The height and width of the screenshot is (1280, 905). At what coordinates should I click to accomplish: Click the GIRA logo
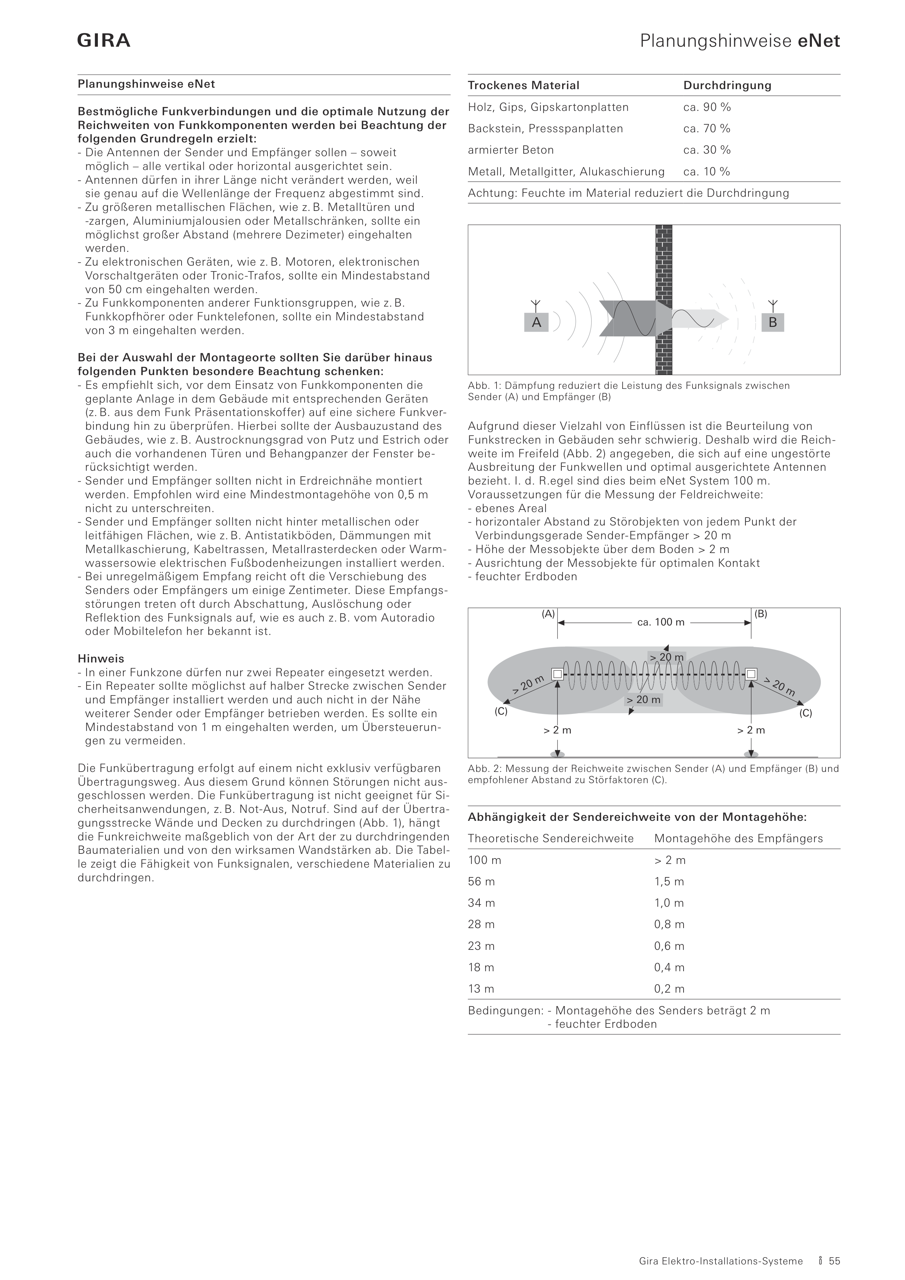coord(104,41)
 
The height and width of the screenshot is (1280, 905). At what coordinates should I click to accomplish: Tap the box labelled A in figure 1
coord(536,322)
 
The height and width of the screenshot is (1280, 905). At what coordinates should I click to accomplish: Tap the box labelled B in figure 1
coord(773,322)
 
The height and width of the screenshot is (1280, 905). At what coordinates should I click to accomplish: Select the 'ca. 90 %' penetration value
coord(706,107)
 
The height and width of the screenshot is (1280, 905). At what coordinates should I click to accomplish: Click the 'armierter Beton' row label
coord(511,150)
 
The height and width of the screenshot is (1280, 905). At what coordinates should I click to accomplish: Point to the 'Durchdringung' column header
coord(727,85)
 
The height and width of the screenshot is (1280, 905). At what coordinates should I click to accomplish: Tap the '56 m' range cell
coord(481,881)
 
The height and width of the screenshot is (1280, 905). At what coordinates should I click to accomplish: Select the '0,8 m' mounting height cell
coord(669,924)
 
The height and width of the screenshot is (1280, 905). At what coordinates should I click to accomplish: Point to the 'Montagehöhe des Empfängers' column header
coord(738,839)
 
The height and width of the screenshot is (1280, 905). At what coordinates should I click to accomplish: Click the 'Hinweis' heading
coord(101,659)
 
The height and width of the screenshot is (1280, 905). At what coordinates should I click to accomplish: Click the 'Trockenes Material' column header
coord(524,85)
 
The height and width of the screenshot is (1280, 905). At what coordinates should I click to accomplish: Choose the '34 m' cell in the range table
coord(481,903)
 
